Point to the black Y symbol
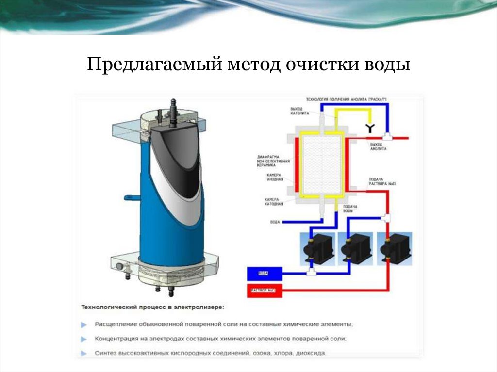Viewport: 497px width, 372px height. (x=369, y=128)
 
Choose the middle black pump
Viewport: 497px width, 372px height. (x=357, y=246)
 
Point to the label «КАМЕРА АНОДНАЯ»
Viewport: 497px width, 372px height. (x=277, y=178)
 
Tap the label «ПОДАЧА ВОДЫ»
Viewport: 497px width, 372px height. (x=350, y=210)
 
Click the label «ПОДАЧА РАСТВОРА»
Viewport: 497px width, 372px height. (x=377, y=182)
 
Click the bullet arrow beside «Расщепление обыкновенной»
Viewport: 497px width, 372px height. (x=84, y=324)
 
